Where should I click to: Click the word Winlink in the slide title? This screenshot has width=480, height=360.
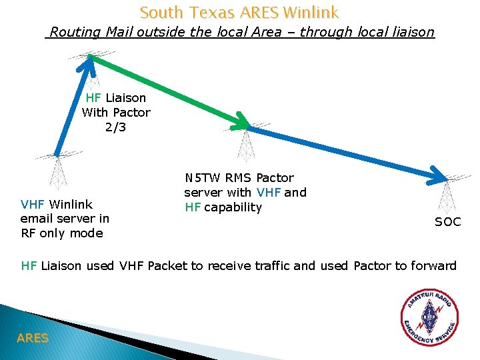(x=311, y=12)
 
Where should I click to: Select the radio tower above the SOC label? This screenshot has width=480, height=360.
(x=445, y=193)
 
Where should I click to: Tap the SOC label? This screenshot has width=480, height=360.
(x=447, y=222)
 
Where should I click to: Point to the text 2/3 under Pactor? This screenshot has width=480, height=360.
(x=115, y=127)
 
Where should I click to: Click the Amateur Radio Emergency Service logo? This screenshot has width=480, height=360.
(x=429, y=319)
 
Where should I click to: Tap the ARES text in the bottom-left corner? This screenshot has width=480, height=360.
(x=33, y=338)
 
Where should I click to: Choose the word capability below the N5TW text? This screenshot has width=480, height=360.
(x=233, y=207)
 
